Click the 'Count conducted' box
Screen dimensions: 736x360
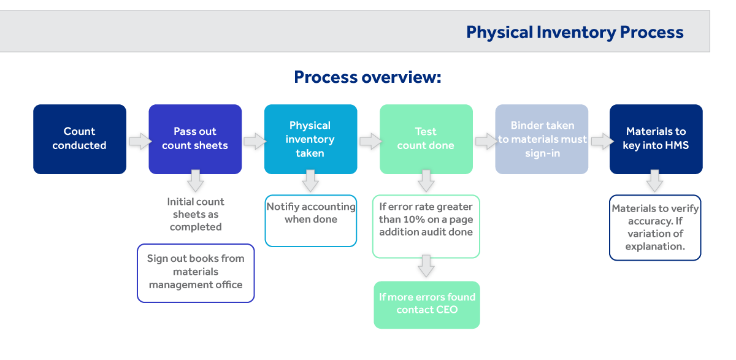[x=80, y=139]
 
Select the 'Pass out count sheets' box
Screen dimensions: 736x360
[x=195, y=139]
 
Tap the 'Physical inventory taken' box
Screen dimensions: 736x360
[x=310, y=139]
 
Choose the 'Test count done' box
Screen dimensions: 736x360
[x=426, y=139]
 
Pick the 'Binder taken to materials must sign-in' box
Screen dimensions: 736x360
[x=542, y=139]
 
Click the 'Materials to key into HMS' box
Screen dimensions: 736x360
[x=656, y=139]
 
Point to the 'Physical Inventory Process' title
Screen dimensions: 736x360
[x=575, y=32]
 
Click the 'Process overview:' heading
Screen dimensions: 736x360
[x=367, y=77]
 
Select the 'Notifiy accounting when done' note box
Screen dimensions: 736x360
[x=311, y=221]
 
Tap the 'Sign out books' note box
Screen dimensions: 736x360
[x=196, y=273]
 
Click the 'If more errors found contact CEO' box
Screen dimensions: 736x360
[x=427, y=305]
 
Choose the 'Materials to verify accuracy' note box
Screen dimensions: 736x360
[x=655, y=228]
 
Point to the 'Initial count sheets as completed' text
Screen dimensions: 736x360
[x=196, y=214]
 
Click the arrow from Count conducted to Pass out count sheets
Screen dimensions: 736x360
[x=140, y=142]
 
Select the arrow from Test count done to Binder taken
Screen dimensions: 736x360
[x=486, y=142]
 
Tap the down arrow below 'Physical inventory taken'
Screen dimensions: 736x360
[x=310, y=181]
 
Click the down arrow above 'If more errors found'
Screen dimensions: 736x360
[x=426, y=266]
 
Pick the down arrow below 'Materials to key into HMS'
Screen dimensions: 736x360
[x=654, y=181]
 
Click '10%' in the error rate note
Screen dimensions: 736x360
[x=415, y=220]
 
